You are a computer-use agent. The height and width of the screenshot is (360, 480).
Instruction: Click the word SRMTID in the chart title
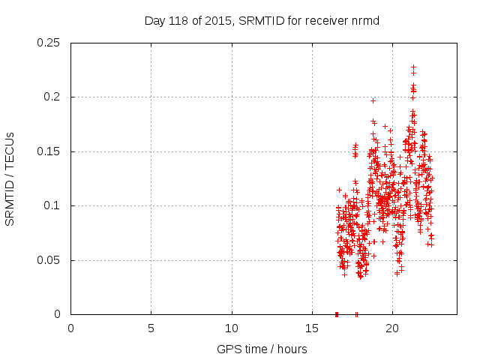(x=256, y=21)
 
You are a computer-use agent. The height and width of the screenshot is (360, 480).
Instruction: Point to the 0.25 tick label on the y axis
(x=50, y=43)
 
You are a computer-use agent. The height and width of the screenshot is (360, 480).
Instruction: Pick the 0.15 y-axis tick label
(x=50, y=151)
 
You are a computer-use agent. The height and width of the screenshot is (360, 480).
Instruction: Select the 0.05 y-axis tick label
(x=50, y=260)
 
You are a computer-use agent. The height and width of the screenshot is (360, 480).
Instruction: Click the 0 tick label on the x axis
(x=70, y=328)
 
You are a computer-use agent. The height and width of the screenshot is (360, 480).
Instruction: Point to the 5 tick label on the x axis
(x=151, y=328)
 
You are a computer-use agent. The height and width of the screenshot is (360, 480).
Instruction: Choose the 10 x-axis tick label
(x=232, y=328)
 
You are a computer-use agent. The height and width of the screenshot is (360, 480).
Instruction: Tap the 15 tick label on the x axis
(x=312, y=328)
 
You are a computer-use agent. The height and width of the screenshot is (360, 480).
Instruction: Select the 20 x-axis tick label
(x=392, y=328)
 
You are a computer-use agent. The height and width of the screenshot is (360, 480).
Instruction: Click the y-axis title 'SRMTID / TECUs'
(x=10, y=178)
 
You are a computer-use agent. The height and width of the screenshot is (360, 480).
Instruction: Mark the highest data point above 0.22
(x=413, y=67)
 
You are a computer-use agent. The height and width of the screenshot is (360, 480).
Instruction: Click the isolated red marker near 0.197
(x=373, y=100)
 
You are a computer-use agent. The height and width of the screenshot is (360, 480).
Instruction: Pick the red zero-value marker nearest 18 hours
(x=356, y=313)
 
